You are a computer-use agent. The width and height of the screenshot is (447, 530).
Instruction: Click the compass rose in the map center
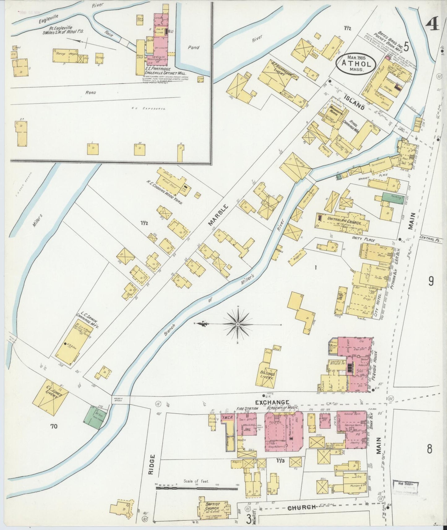(238, 324)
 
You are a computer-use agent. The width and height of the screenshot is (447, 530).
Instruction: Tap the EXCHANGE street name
(272, 402)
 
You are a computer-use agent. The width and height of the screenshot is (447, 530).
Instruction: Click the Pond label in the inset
(194, 47)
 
